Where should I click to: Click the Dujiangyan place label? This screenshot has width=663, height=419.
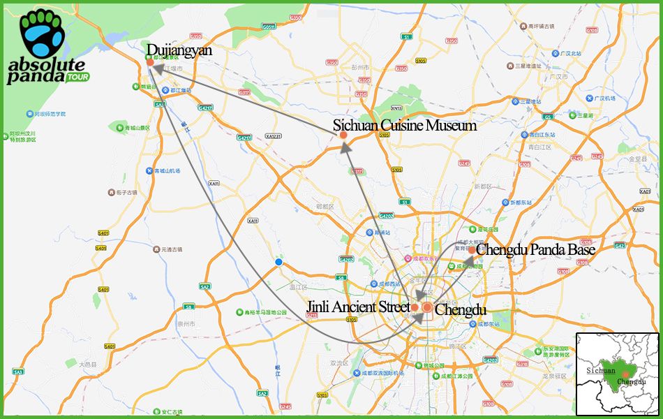click(x=179, y=51)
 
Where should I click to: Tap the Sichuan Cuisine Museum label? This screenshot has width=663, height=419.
click(x=405, y=126)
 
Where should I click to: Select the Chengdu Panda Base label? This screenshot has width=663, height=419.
click(x=536, y=249)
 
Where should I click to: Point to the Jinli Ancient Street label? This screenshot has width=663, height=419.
click(x=358, y=307)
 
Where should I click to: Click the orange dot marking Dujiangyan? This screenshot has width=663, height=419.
click(x=150, y=63)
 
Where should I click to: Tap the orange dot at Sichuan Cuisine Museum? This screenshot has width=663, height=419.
click(x=343, y=145)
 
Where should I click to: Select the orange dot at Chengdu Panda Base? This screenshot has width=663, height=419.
click(x=472, y=250)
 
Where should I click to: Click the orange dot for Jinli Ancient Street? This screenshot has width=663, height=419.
click(x=415, y=307)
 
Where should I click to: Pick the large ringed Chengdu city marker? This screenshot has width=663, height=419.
click(x=427, y=307)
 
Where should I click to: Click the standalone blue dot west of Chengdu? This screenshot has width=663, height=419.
click(x=278, y=262)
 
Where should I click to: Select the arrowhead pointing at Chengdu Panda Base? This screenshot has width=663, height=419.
click(x=466, y=260)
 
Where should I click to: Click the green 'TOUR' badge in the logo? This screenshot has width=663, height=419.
click(x=78, y=77)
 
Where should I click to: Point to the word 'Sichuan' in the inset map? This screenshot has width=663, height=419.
click(x=600, y=370)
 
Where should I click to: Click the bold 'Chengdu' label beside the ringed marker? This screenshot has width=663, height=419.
click(x=460, y=309)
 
